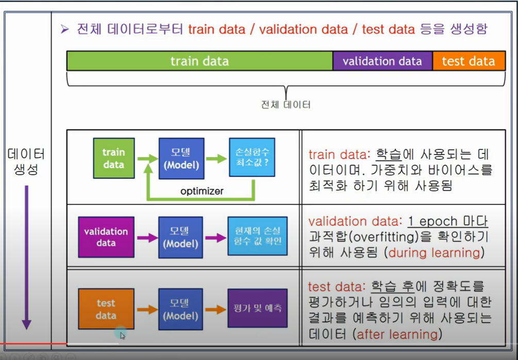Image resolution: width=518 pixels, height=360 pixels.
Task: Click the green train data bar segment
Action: (x=199, y=61)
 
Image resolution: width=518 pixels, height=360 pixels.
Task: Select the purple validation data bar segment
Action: (x=382, y=61)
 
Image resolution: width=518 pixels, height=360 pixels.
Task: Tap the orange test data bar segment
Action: (x=468, y=61)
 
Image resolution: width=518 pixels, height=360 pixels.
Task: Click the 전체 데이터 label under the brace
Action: (x=286, y=105)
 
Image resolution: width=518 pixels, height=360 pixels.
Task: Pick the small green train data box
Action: (x=113, y=158)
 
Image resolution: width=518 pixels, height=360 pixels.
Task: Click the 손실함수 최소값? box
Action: (x=252, y=158)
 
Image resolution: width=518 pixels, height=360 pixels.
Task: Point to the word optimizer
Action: (x=202, y=191)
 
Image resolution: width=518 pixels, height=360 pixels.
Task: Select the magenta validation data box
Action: (x=106, y=237)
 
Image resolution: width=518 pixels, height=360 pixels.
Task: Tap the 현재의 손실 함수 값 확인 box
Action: (x=257, y=236)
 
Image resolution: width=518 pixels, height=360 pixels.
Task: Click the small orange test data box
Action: (x=106, y=309)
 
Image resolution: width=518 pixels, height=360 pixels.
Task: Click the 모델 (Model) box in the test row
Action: (x=180, y=309)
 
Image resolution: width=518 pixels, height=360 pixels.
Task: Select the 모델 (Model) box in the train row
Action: (x=181, y=158)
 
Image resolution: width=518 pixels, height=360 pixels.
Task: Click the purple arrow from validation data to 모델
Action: (x=146, y=237)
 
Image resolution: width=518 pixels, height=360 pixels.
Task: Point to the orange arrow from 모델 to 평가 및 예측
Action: (x=215, y=309)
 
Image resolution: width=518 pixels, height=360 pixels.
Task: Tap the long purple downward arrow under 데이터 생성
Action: (x=26, y=258)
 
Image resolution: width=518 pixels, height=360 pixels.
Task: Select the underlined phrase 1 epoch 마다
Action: (x=447, y=221)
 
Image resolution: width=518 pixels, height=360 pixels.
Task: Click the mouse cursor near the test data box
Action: (x=122, y=335)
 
